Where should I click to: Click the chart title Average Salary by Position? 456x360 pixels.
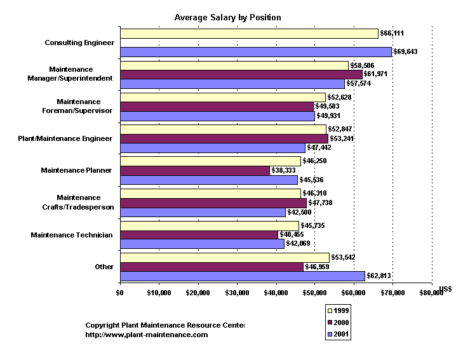pos(227,17)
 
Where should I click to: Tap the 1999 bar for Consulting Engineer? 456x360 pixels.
pos(248,33)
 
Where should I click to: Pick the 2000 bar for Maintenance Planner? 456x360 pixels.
pos(194,171)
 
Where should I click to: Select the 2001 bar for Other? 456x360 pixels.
pos(242,276)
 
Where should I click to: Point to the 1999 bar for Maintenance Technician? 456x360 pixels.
pos(209,225)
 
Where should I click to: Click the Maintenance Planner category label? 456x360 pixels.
pos(76,171)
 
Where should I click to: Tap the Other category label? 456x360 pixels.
pos(104,267)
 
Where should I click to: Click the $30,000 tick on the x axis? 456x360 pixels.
pos(237,293)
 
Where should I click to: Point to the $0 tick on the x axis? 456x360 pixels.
pos(119,293)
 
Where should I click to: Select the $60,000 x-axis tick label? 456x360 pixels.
pos(354,293)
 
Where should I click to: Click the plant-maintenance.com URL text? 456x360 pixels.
pos(146,335)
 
